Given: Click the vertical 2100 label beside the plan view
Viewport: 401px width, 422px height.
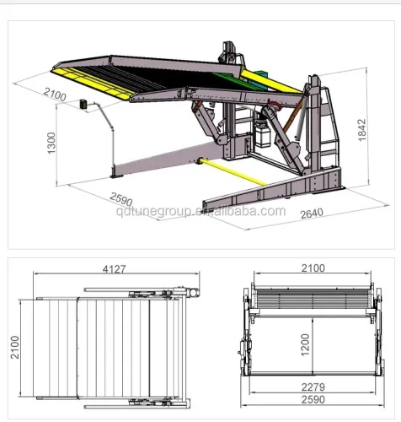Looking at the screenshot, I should (x=14, y=346).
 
